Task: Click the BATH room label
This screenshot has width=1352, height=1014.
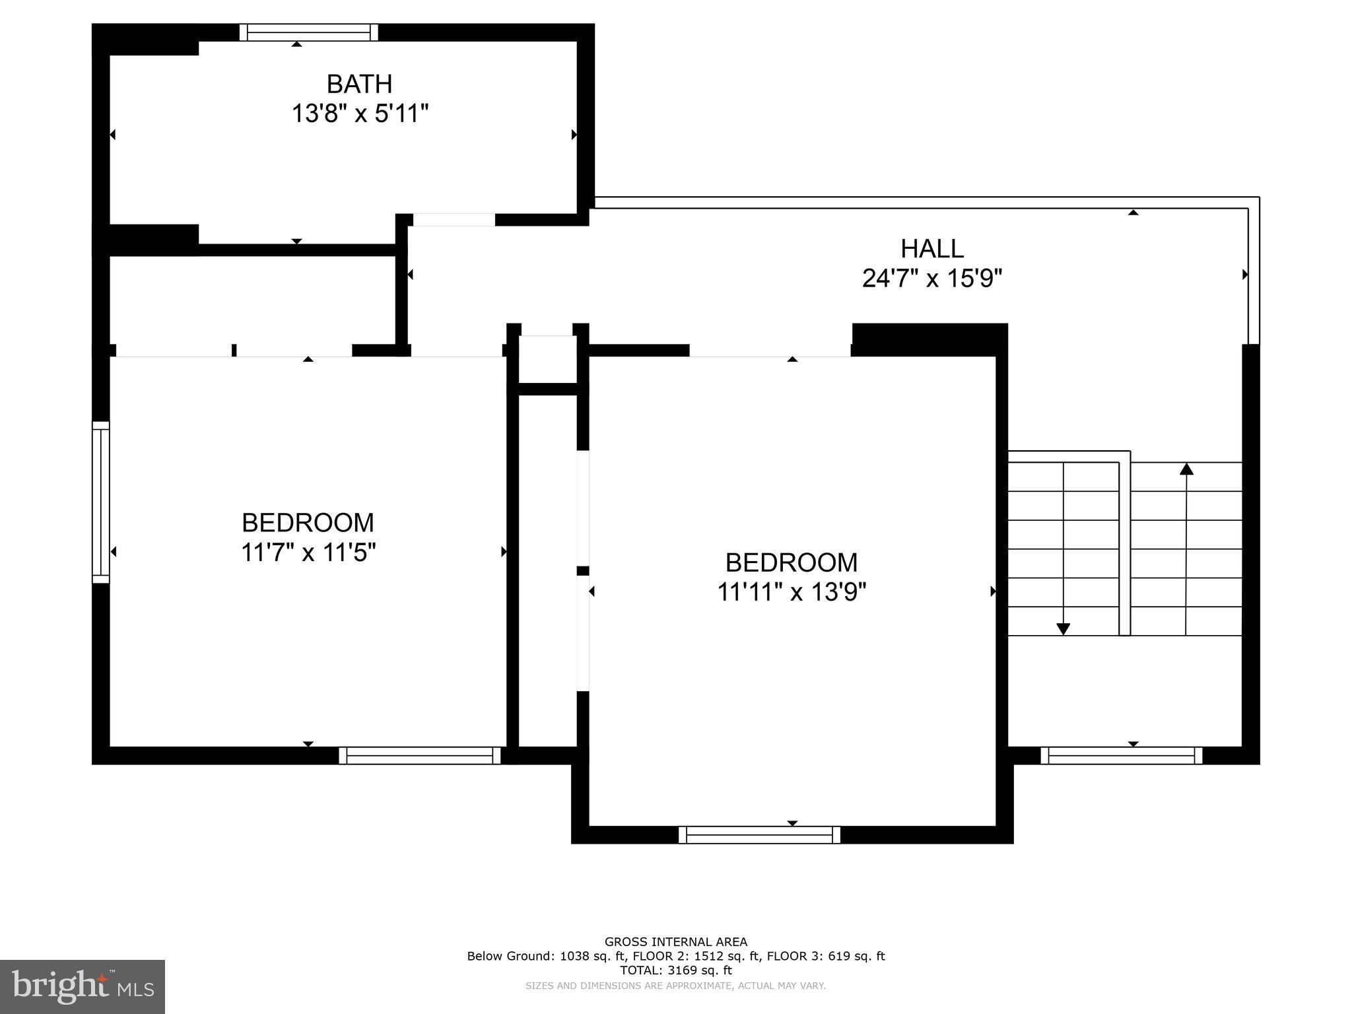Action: click(x=359, y=84)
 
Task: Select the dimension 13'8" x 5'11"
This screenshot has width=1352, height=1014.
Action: click(x=360, y=114)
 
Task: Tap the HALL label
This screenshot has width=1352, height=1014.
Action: click(x=931, y=249)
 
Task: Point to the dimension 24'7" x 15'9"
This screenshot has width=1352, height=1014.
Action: click(x=931, y=279)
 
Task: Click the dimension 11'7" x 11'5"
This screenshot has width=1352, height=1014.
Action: click(x=308, y=553)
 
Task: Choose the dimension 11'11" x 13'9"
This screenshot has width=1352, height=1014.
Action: click(x=791, y=592)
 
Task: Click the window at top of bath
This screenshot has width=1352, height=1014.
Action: click(x=308, y=32)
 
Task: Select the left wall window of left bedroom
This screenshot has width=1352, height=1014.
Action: click(x=100, y=502)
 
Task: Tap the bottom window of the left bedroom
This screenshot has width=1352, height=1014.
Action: click(x=420, y=755)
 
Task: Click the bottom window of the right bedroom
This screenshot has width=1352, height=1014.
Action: click(x=759, y=834)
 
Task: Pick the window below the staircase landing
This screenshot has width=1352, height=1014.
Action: click(x=1121, y=755)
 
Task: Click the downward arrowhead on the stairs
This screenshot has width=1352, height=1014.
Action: click(x=1063, y=628)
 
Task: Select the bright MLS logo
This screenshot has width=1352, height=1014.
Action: click(x=83, y=986)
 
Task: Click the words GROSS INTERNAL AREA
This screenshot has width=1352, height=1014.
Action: click(x=675, y=942)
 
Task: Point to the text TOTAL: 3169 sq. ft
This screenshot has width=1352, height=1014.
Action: click(x=675, y=970)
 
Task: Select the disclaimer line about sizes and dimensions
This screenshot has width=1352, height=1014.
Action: click(x=675, y=986)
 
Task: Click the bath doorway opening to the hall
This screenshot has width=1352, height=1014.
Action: click(x=454, y=220)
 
